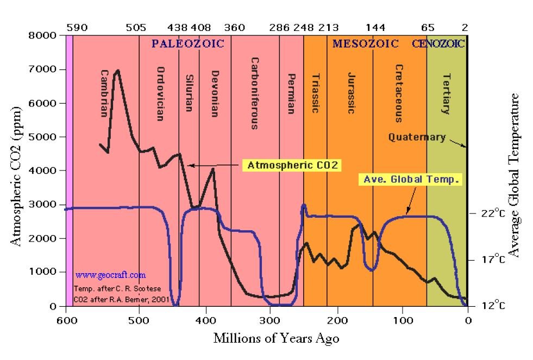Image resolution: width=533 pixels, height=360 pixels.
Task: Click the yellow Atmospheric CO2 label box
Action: click(x=292, y=165)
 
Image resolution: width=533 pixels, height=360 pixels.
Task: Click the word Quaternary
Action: click(x=417, y=137)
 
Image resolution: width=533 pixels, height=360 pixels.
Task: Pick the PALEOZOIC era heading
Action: click(x=187, y=44)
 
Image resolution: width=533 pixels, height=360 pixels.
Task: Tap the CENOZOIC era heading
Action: click(x=438, y=44)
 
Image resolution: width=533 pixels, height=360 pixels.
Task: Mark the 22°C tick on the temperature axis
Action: click(x=494, y=213)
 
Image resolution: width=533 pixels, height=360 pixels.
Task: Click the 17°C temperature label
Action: click(x=494, y=260)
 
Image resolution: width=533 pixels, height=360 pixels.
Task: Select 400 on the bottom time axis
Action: click(x=205, y=320)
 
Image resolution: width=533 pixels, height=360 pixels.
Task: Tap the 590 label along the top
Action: click(x=77, y=27)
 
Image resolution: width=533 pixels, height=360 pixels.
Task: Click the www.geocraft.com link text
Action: click(x=110, y=275)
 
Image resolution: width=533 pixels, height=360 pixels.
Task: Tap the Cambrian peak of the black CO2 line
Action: click(x=117, y=70)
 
